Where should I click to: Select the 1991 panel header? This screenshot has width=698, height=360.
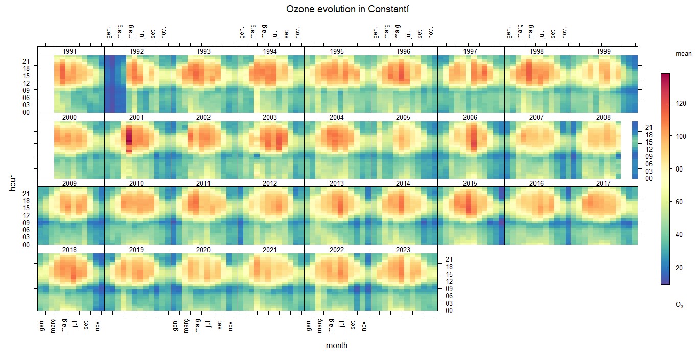[x=70, y=51]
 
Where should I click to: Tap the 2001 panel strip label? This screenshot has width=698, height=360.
[x=137, y=117]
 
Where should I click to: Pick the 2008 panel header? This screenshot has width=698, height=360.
[x=603, y=117]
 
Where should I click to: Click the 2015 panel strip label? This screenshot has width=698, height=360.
[x=470, y=183]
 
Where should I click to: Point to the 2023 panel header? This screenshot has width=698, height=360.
[x=404, y=250]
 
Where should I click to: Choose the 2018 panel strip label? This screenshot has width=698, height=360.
[x=70, y=250]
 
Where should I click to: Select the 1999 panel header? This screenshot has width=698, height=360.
[x=603, y=51]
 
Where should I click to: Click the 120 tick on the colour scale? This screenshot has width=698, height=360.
[x=681, y=104]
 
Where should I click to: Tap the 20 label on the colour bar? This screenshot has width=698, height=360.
[x=679, y=268]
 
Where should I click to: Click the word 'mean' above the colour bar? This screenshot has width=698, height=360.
[x=683, y=54]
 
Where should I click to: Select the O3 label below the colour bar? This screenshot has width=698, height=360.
[x=679, y=305]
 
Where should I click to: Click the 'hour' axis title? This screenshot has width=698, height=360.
[x=13, y=183]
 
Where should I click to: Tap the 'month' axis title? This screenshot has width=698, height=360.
[x=337, y=346]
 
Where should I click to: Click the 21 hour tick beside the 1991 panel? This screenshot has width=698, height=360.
[x=26, y=61]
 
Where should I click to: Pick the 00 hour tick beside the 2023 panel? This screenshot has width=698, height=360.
[x=449, y=310]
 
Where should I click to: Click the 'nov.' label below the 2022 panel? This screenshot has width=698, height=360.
[x=365, y=325]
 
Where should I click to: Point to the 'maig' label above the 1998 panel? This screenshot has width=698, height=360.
[x=531, y=32]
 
